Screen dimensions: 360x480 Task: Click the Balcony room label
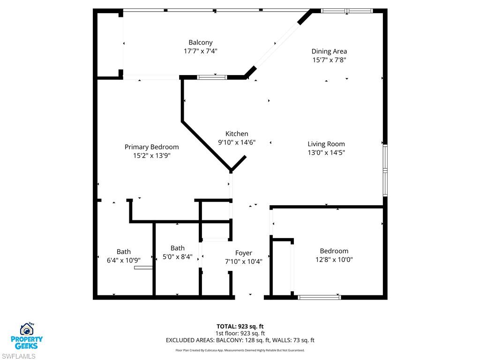tap(200, 43)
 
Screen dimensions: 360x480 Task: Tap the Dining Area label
tap(329, 52)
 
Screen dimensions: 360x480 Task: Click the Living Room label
tap(326, 144)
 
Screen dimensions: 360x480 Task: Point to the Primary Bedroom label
tap(151, 147)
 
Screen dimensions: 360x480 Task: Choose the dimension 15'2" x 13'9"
tap(151, 155)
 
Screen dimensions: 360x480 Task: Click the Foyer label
tap(243, 253)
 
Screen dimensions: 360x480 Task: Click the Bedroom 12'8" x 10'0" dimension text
tap(334, 259)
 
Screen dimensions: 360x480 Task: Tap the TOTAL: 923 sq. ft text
tap(240, 326)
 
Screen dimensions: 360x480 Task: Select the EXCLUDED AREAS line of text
tap(240, 340)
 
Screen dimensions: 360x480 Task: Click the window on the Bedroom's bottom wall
tap(320, 297)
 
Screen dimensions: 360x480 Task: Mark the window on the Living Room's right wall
tap(385, 170)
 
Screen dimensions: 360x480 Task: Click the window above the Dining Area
tap(347, 10)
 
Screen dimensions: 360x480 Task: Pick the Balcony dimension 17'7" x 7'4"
tap(200, 51)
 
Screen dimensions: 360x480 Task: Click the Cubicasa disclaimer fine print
tap(240, 350)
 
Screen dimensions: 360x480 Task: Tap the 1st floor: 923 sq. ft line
tap(240, 333)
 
